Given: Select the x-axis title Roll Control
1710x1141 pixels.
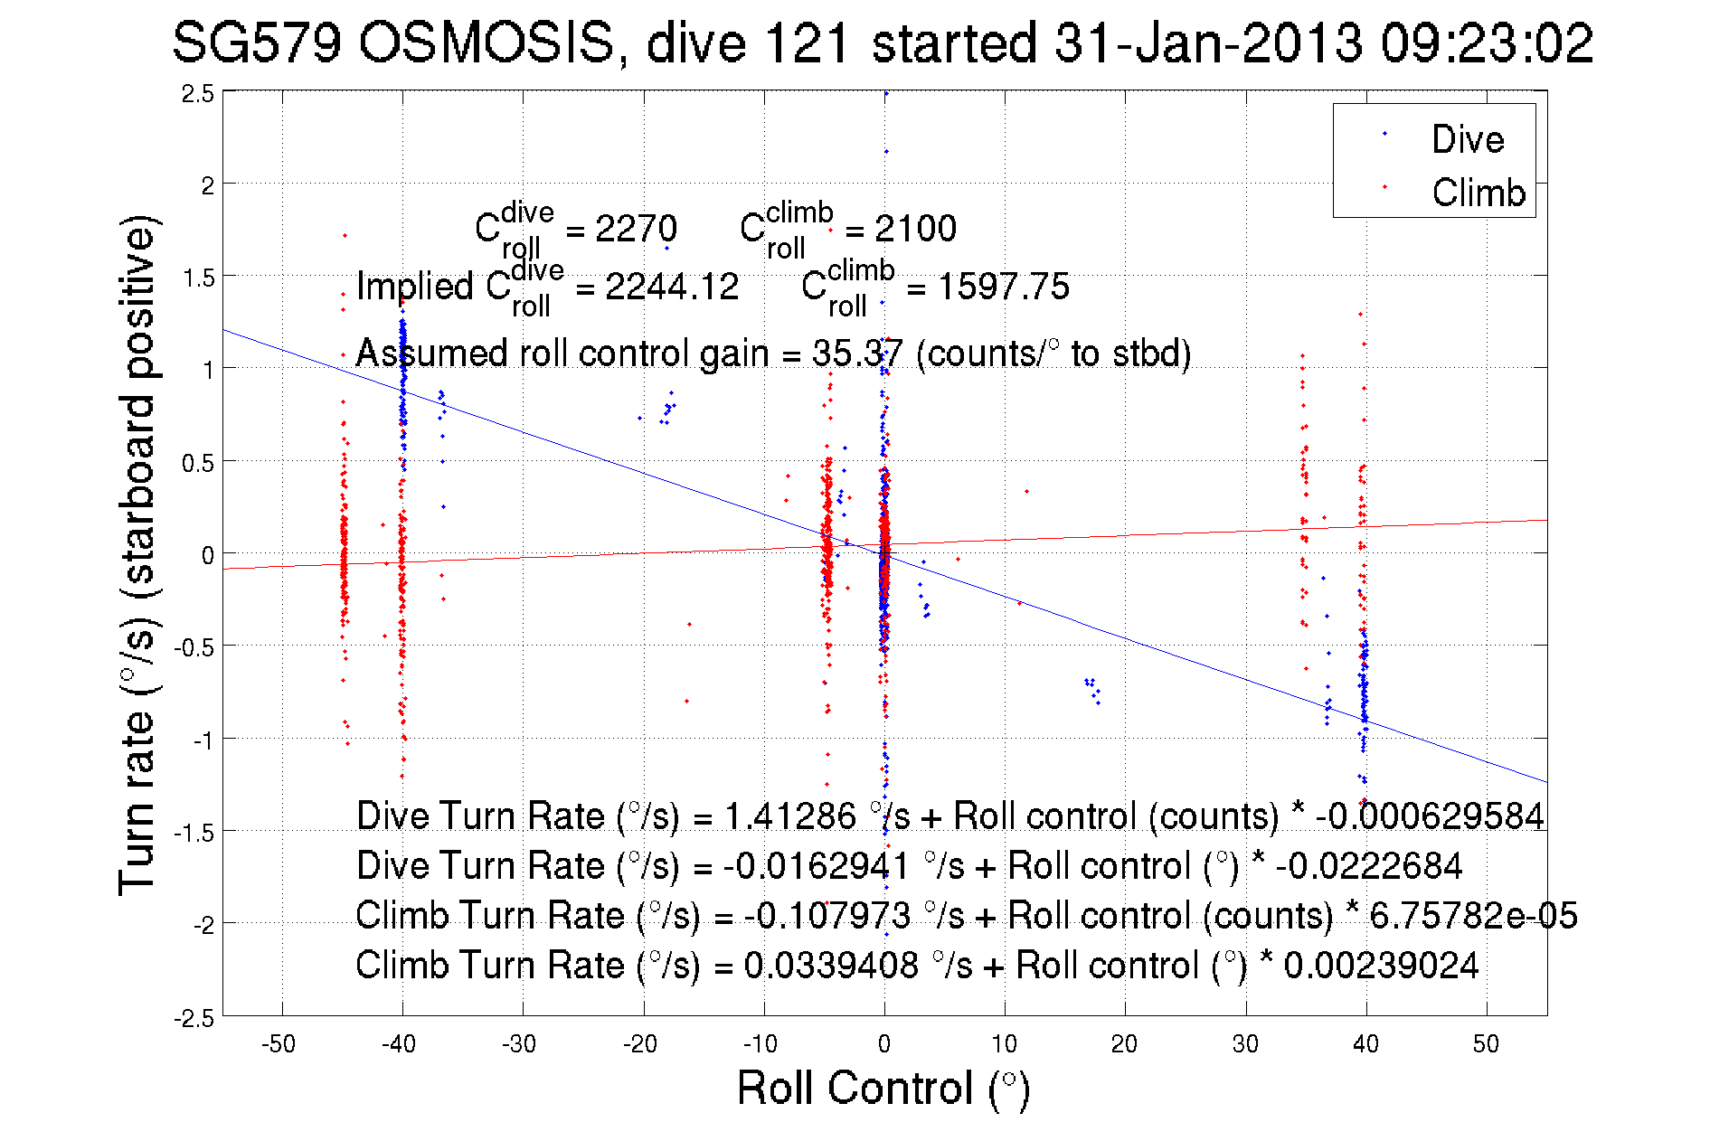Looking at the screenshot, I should pyautogui.click(x=883, y=1088).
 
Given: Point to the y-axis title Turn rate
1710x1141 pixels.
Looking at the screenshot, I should pyautogui.click(x=137, y=555).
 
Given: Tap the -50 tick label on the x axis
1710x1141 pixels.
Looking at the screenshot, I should pyautogui.click(x=279, y=1044).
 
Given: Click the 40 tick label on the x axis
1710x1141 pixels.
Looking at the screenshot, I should pyautogui.click(x=1365, y=1044).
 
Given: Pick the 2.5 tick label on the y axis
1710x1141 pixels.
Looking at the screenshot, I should pyautogui.click(x=198, y=94).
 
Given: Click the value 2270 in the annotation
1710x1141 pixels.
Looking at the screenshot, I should pyautogui.click(x=636, y=229).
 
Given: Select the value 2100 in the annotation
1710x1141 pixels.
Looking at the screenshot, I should pyautogui.click(x=915, y=229).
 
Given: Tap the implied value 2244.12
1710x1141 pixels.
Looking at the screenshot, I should pyautogui.click(x=672, y=287).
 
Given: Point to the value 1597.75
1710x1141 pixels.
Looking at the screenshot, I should pyautogui.click(x=1003, y=287).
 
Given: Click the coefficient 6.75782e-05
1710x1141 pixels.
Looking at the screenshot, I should pyautogui.click(x=1473, y=916).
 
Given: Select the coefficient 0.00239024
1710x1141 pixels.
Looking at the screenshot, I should pyautogui.click(x=1381, y=966).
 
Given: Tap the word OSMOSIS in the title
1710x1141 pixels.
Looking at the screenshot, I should pyautogui.click(x=487, y=42).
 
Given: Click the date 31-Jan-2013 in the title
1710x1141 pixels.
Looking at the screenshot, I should pyautogui.click(x=1207, y=42).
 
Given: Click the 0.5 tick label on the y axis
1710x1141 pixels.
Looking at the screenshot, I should pyautogui.click(x=198, y=464).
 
